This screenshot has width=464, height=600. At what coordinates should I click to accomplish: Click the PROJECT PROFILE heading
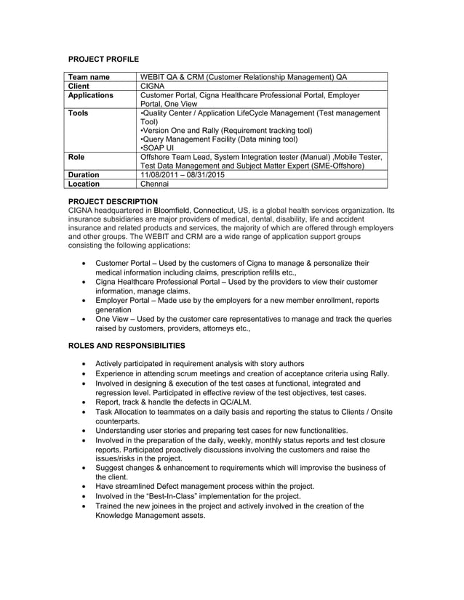[x=103, y=58]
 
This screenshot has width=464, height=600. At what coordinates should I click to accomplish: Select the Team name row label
[x=89, y=77]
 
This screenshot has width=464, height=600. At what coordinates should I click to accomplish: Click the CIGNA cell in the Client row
[x=153, y=86]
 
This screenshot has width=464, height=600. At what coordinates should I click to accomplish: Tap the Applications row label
[x=91, y=95]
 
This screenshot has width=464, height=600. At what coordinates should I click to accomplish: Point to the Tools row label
[x=79, y=113]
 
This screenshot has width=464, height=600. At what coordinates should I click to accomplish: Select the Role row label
[x=76, y=157]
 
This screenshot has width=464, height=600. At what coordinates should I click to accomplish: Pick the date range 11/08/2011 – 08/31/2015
[x=182, y=175]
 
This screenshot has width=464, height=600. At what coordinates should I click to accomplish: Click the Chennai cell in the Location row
[x=154, y=185]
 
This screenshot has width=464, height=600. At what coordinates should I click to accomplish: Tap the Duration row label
[x=84, y=175]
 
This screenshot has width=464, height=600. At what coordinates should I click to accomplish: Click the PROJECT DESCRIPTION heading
[x=113, y=201]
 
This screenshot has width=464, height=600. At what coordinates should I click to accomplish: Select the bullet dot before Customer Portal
[x=87, y=263]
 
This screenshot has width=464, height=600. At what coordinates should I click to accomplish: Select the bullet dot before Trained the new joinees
[x=87, y=506]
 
